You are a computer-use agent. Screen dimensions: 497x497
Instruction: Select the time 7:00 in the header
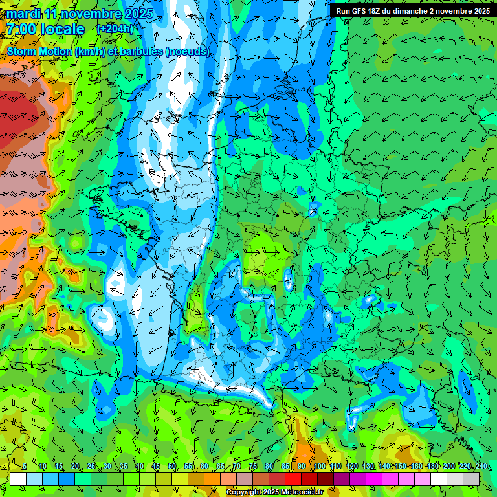coord(20,29)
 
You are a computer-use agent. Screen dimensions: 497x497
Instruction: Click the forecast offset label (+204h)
coord(115,29)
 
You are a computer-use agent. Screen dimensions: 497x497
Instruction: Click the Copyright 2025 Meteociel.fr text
coord(275,492)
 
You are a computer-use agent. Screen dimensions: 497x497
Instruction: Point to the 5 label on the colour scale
coord(25,467)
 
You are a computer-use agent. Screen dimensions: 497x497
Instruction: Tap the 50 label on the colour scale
coord(172,467)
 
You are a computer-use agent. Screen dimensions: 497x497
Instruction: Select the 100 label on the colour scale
coord(320,467)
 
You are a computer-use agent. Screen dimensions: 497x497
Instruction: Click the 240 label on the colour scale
coord(481,467)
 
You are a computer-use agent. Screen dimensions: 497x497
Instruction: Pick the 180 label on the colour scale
coord(432,467)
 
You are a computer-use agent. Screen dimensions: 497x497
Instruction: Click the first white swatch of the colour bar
coord(18,479)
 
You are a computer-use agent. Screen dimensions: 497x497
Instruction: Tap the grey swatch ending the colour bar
coord(471,479)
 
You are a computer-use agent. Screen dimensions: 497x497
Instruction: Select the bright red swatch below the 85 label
coord(293,479)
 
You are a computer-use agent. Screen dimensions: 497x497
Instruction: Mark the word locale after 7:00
coord(62,29)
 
